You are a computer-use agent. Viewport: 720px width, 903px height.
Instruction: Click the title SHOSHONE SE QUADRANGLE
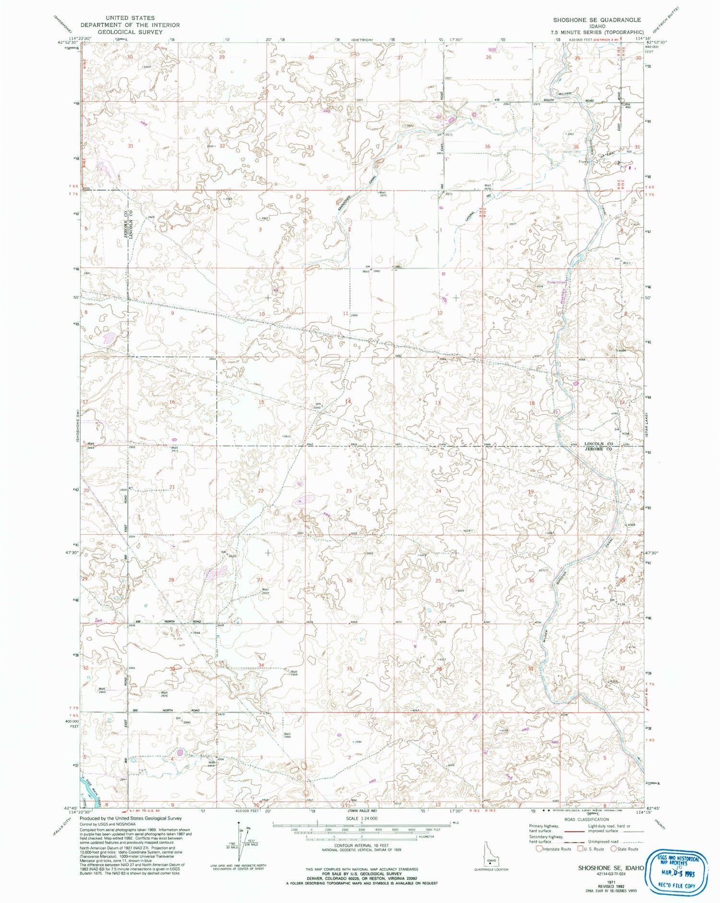(597, 20)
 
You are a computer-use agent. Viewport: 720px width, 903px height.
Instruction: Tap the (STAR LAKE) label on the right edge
(648, 424)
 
